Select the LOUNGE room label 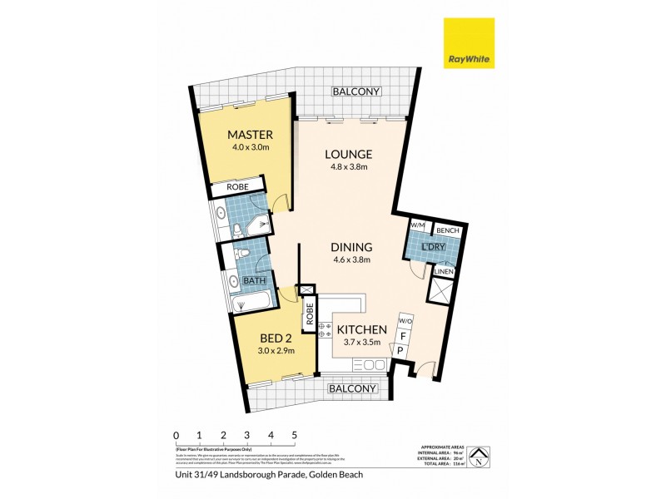pyautogui.click(x=348, y=154)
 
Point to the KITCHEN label pyautogui.click(x=361, y=329)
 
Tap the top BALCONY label pyautogui.click(x=355, y=91)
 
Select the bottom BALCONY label pyautogui.click(x=350, y=388)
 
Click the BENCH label pyautogui.click(x=450, y=230)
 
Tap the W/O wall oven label pyautogui.click(x=405, y=320)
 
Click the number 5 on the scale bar pyautogui.click(x=294, y=435)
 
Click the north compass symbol pyautogui.click(x=479, y=456)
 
